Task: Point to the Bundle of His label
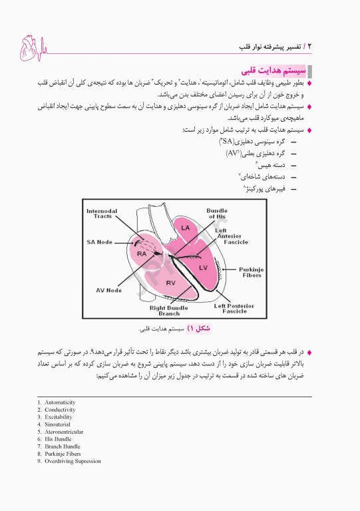tap(217, 214)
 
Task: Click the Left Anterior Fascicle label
tap(230, 236)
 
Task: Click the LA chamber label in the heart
tap(186, 228)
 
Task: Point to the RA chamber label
tap(142, 254)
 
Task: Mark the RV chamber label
tap(170, 283)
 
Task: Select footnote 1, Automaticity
tap(56, 403)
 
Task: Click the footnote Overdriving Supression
tap(69, 461)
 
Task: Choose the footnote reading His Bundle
tap(55, 439)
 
